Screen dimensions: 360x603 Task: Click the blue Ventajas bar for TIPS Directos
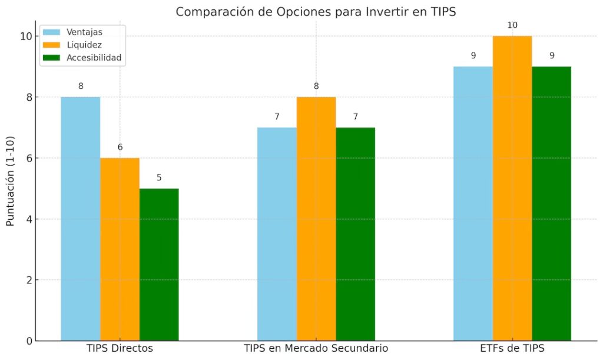pos(81,219)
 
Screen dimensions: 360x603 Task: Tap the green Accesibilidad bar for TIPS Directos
pos(159,265)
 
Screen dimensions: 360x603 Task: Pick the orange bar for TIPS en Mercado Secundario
pos(316,219)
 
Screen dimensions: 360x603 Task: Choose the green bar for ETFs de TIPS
pos(551,203)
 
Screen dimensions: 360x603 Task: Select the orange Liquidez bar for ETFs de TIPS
pos(512,188)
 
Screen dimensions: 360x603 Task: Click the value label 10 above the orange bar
pos(512,25)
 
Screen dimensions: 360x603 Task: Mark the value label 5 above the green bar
pos(159,177)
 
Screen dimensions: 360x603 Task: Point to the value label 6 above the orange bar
pos(120,147)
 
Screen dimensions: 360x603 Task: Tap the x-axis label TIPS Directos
pos(120,348)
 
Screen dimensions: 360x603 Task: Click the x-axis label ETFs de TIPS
pos(512,348)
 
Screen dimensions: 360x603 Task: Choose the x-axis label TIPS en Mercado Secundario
pos(316,348)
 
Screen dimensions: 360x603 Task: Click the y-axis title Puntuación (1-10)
pos(10,188)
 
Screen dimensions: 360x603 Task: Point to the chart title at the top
pos(316,12)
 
